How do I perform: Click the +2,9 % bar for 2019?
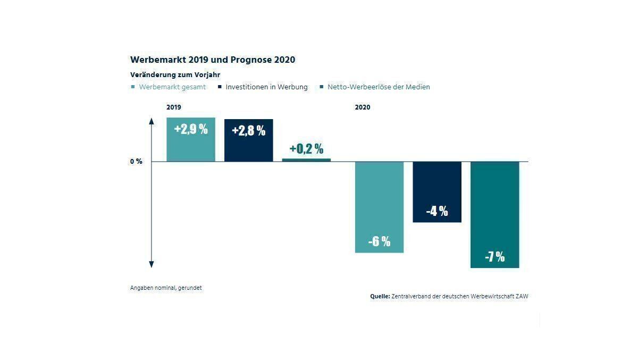[x=191, y=139]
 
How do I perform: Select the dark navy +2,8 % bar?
[x=248, y=140]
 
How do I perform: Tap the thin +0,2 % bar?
[x=306, y=160]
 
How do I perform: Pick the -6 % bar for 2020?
[x=379, y=207]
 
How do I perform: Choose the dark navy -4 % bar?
[x=437, y=191]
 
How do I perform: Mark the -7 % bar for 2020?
[x=494, y=214]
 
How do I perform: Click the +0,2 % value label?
[x=306, y=149]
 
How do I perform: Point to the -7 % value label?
[x=494, y=257]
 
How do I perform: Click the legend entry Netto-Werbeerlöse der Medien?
[x=379, y=87]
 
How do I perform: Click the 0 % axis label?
[x=136, y=161]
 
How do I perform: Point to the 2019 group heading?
[x=174, y=107]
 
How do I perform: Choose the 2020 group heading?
[x=363, y=107]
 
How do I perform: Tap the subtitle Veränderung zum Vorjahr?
[x=175, y=75]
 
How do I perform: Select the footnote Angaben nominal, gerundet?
[x=166, y=288]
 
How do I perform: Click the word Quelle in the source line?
[x=380, y=296]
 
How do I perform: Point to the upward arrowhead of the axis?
[x=152, y=121]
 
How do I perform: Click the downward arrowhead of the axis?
[x=152, y=264]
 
